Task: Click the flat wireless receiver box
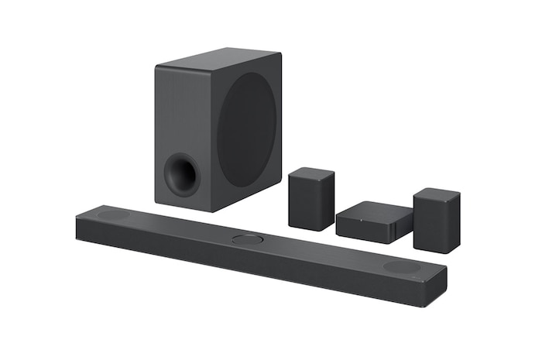point(374,222)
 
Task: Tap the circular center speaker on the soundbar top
point(247,239)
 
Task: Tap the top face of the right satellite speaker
point(437,194)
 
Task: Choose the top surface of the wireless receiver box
point(376,211)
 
